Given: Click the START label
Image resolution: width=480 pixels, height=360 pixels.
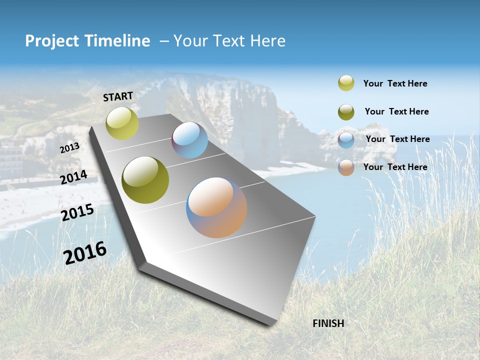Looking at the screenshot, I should tap(118, 96).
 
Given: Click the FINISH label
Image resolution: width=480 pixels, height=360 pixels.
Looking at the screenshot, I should tap(328, 323).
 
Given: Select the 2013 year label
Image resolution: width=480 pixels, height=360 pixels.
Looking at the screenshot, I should tap(70, 147).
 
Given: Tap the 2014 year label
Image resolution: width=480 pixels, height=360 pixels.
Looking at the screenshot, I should tap(74, 177).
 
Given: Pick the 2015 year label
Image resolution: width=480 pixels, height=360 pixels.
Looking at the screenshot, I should tap(77, 212).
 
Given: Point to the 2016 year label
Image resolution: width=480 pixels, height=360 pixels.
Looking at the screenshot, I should tap(85, 252).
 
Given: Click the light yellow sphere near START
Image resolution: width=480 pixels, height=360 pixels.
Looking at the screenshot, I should tap(122, 123).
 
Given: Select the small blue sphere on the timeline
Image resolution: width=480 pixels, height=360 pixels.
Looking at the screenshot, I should tap(190, 140).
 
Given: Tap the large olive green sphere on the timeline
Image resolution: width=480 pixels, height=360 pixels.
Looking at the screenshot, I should tap(145, 180).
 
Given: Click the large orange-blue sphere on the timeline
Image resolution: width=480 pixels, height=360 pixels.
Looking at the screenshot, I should tap(216, 207).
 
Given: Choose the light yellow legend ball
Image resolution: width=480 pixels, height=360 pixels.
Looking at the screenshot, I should tap(346, 83).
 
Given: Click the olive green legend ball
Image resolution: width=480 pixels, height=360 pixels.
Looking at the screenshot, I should tap(346, 111).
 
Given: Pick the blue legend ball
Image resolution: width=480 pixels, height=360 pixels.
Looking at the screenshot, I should tap(346, 139).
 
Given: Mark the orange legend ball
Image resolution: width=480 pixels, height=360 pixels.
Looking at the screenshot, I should tap(346, 167).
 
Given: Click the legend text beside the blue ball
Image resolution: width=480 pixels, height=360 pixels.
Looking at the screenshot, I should tap(397, 139).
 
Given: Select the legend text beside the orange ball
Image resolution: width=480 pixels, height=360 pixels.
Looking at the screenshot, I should tap(395, 167).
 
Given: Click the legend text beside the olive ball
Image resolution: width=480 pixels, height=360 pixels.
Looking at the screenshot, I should tap(396, 111).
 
